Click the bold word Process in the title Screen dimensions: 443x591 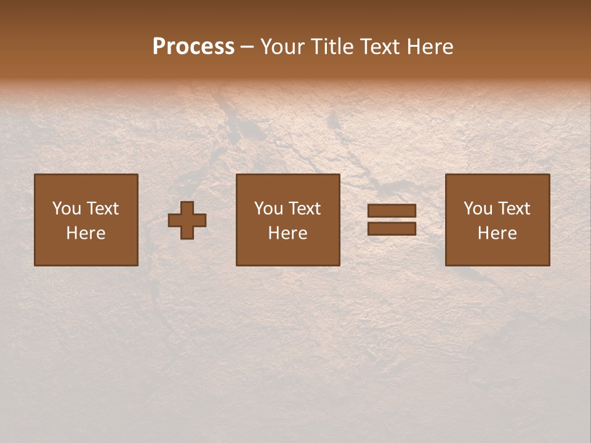coord(193,47)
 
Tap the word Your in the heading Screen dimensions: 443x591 coord(283,47)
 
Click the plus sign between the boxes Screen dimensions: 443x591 coord(187,220)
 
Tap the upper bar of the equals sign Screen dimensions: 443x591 coord(392,211)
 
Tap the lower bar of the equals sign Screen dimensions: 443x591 coord(392,228)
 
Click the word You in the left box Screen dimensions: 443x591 coord(66,209)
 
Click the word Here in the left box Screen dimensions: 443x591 coord(86,233)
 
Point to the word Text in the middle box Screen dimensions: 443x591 coord(304,209)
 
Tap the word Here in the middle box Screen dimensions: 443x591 coord(287,233)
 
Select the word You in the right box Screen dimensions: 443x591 coord(477,209)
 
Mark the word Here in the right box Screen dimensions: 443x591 coord(497,233)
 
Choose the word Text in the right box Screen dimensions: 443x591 coord(513,209)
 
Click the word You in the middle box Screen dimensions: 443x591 coord(268,209)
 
